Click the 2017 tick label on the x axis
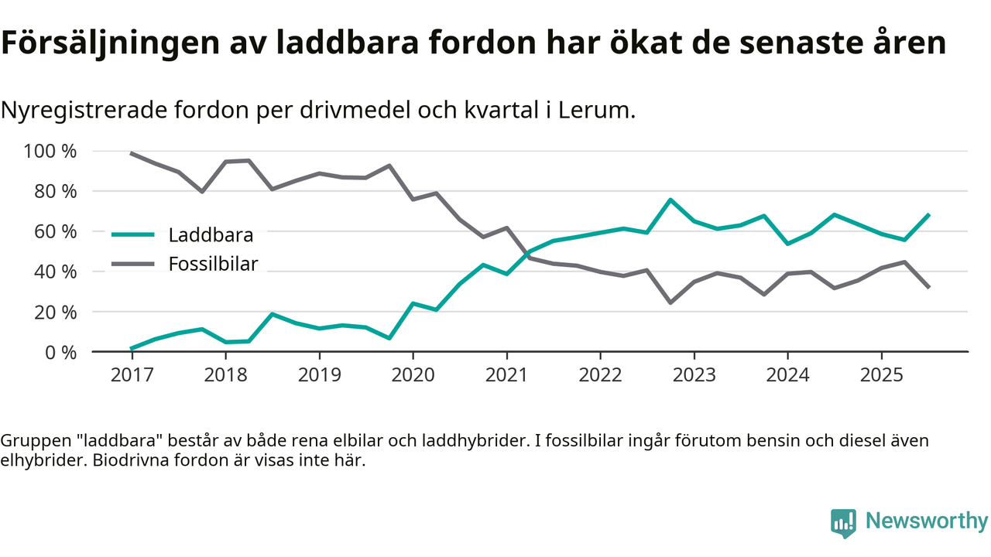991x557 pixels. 132,375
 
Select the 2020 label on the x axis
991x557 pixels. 413,375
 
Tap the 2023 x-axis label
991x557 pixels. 694,375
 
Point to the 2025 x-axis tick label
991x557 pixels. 881,375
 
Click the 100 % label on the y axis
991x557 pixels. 51,151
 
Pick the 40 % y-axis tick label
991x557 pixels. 56,272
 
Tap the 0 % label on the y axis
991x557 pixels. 60,352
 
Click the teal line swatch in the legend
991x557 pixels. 132,234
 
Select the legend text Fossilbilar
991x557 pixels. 213,264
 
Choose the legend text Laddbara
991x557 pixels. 211,234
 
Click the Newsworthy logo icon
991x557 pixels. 843,522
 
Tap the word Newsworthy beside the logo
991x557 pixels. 927,521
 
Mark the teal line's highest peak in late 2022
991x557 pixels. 670,200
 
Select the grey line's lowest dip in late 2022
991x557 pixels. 670,302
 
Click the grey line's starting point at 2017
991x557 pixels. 132,153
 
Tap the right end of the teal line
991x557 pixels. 928,214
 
